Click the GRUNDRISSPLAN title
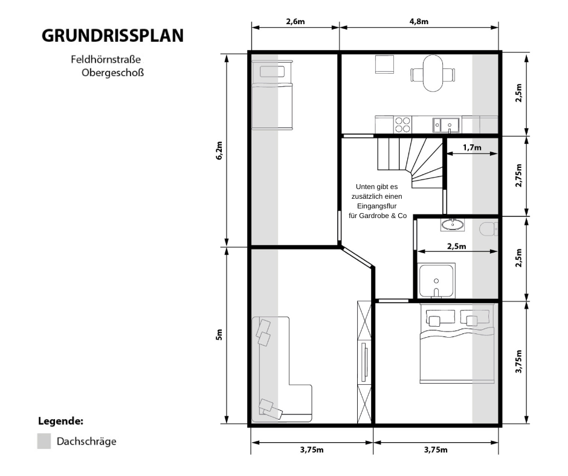112,36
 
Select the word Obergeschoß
112,73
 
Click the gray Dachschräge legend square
44,441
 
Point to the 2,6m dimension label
295,21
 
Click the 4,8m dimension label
419,21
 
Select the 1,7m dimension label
472,147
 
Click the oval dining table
432,74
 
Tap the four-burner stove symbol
402,124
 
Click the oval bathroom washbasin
453,225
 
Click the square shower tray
437,281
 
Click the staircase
408,159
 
